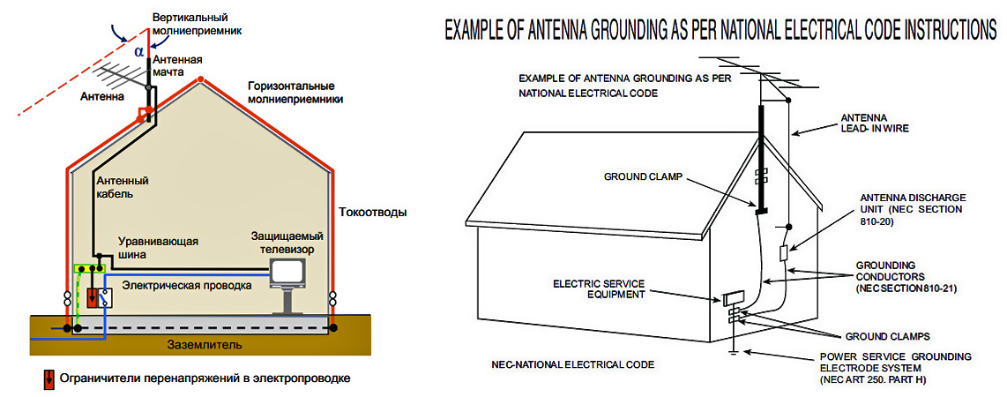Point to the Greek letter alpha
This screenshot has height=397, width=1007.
tap(138, 51)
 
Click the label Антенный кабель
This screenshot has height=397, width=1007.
tap(122, 187)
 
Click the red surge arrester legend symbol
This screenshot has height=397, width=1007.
tap(48, 379)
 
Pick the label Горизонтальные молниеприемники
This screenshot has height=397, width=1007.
tap(295, 93)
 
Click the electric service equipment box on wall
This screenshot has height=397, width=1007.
tap(732, 299)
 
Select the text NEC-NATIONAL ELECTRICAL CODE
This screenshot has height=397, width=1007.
tap(567, 364)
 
